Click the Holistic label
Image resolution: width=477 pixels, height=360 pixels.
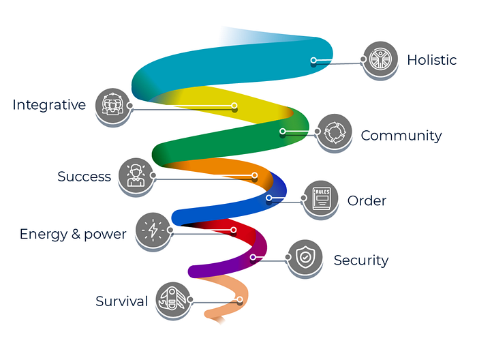point(431,60)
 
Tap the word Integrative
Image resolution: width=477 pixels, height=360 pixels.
point(49,105)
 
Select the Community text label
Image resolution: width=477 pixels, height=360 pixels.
point(401,136)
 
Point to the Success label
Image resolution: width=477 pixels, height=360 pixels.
point(84,177)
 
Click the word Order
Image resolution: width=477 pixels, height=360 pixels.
point(367,201)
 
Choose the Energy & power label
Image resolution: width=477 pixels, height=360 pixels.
point(73,235)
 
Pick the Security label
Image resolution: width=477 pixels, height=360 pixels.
point(360,260)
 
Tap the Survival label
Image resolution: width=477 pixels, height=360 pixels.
point(121,301)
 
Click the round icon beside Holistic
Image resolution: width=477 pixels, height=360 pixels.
point(380,59)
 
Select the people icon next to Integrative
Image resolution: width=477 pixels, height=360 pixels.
point(112,106)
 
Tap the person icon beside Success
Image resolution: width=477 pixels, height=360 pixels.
point(135,175)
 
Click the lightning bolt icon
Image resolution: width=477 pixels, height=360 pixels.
point(153,230)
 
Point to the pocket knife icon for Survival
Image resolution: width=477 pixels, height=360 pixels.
point(172,300)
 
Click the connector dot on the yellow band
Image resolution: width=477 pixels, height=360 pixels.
point(234,106)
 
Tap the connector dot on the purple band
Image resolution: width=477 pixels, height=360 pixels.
point(253,257)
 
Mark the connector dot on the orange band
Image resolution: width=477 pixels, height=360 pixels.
point(254,176)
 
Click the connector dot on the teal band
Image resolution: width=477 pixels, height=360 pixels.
point(313,60)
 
